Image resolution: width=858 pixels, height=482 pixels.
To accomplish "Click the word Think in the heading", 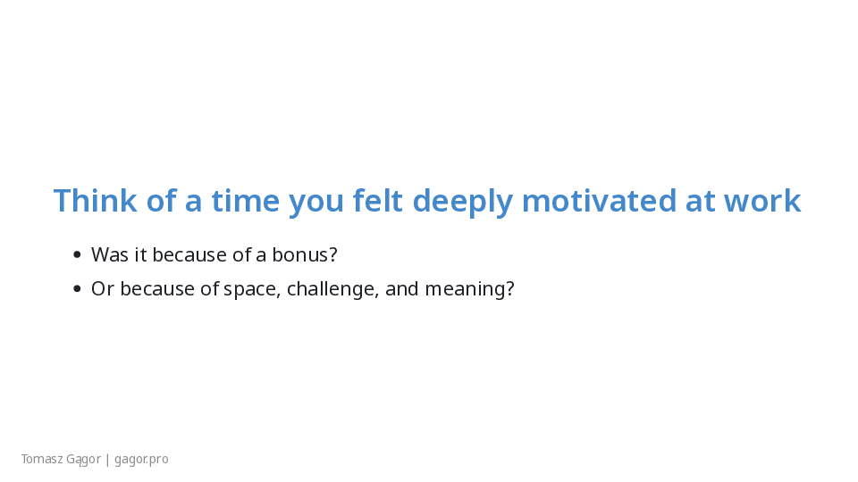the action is tap(96, 200).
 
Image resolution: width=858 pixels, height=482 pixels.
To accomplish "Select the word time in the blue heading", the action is tap(246, 200).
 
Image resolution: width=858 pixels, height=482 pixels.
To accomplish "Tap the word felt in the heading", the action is tap(377, 200).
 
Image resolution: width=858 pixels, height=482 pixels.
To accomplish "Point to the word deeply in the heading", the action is tap(463, 203).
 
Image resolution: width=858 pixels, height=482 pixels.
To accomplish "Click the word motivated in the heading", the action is tap(599, 200).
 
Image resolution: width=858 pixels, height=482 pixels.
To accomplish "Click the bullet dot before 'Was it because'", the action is tap(77, 254).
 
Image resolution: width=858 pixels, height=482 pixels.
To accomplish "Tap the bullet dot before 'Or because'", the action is tap(77, 288).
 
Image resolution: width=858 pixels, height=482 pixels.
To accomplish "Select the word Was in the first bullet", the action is tap(109, 254).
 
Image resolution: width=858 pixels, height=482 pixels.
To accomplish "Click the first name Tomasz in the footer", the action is tap(42, 459).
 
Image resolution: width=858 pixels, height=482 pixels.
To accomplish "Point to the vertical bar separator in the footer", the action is tap(107, 460).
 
